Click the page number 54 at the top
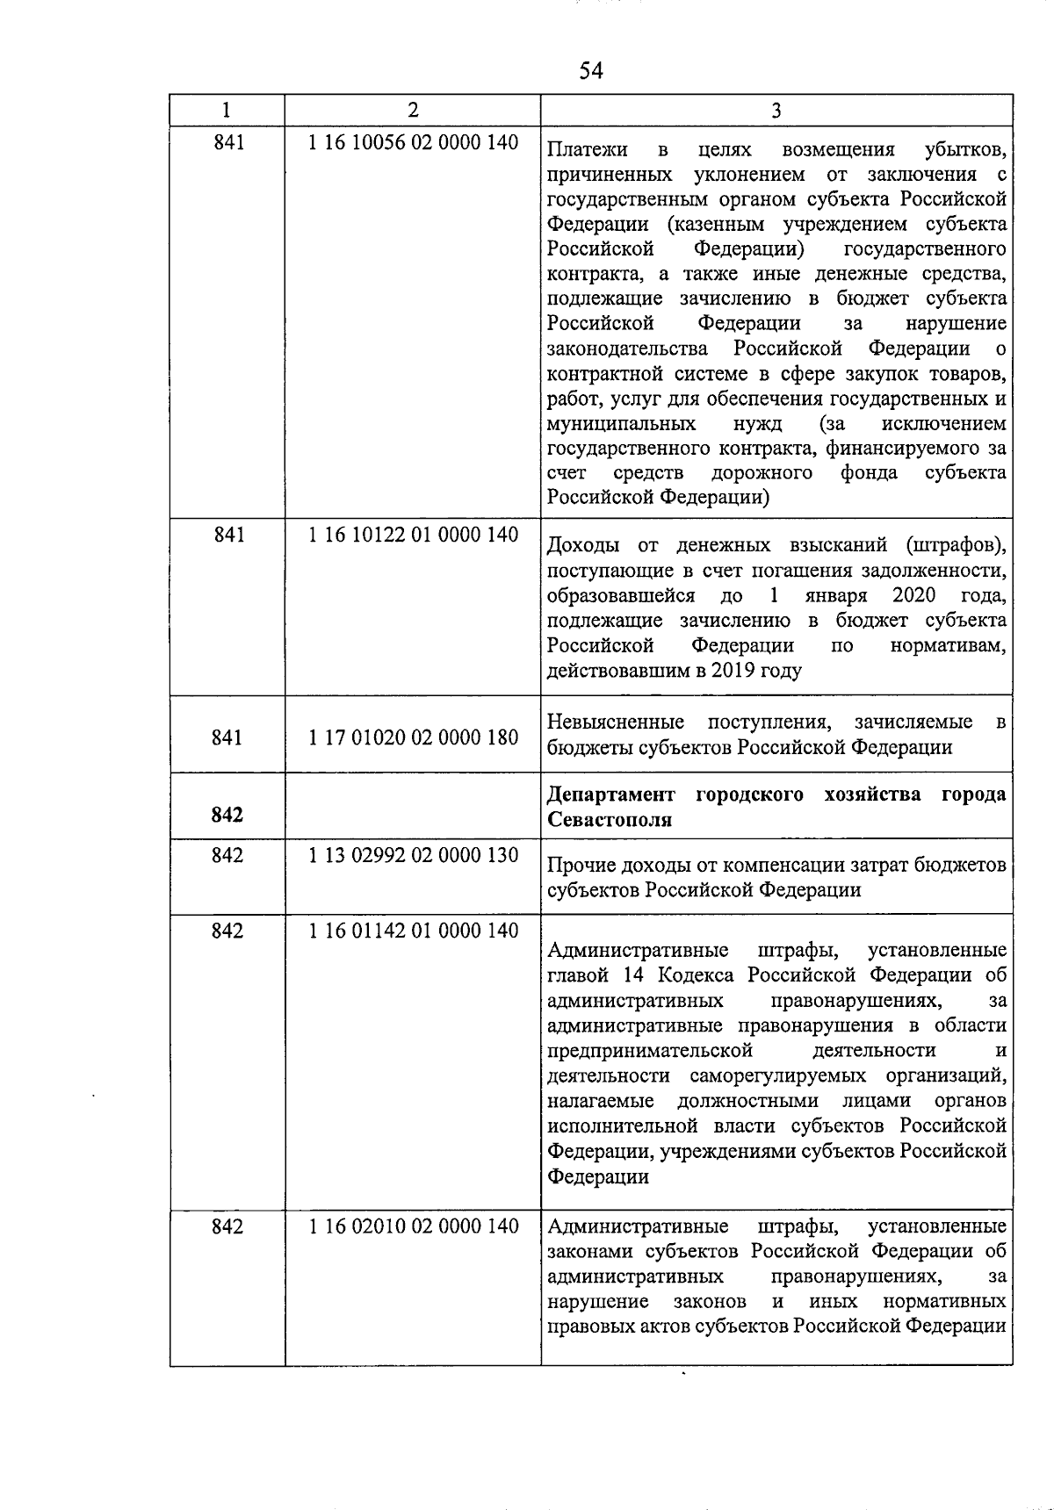coord(591,71)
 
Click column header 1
coord(227,110)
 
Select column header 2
coord(413,110)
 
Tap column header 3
coord(776,110)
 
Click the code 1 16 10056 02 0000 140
coord(413,142)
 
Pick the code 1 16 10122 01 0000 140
coord(413,535)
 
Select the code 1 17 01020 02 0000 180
coord(413,737)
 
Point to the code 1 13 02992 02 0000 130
coord(413,855)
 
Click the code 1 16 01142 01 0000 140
coord(413,931)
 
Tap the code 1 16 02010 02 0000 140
coord(413,1226)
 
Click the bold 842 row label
coord(227,816)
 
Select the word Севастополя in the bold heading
coord(610,820)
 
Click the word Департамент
coord(611,795)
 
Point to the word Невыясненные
coord(616,723)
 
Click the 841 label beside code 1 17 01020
coord(227,737)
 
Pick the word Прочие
coord(577,866)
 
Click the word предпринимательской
coord(650,1051)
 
